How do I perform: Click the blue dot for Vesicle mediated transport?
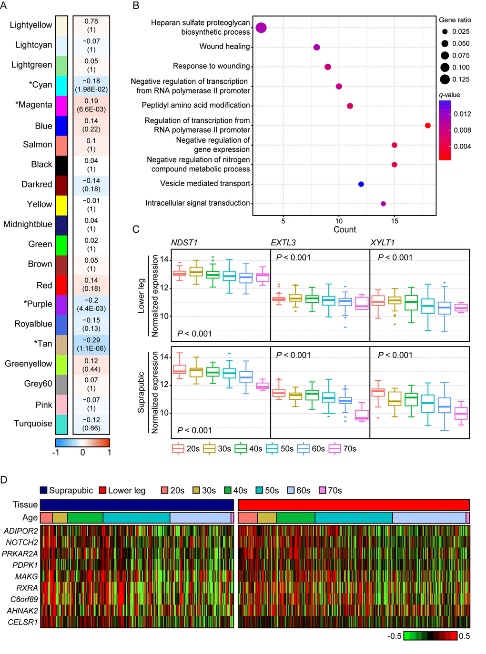pyautogui.click(x=361, y=184)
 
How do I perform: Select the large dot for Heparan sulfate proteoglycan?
pyautogui.click(x=261, y=28)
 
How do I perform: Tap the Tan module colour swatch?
pyautogui.click(x=61, y=344)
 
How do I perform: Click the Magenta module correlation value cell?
pyautogui.click(x=91, y=105)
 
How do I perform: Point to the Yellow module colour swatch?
pyautogui.click(x=61, y=205)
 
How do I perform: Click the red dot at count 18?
pyautogui.click(x=428, y=126)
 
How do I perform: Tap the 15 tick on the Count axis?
pyautogui.click(x=395, y=221)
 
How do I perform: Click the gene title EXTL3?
pyautogui.click(x=283, y=243)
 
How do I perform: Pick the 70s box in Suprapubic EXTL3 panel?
pyautogui.click(x=362, y=415)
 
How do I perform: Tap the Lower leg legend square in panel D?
pyautogui.click(x=102, y=491)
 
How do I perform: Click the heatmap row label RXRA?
pyautogui.click(x=27, y=588)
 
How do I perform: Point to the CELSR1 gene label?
pyautogui.click(x=22, y=622)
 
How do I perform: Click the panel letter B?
pyautogui.click(x=136, y=6)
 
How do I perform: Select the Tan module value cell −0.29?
pyautogui.click(x=91, y=344)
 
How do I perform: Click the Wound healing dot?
pyautogui.click(x=317, y=47)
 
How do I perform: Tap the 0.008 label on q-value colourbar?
pyautogui.click(x=462, y=130)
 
